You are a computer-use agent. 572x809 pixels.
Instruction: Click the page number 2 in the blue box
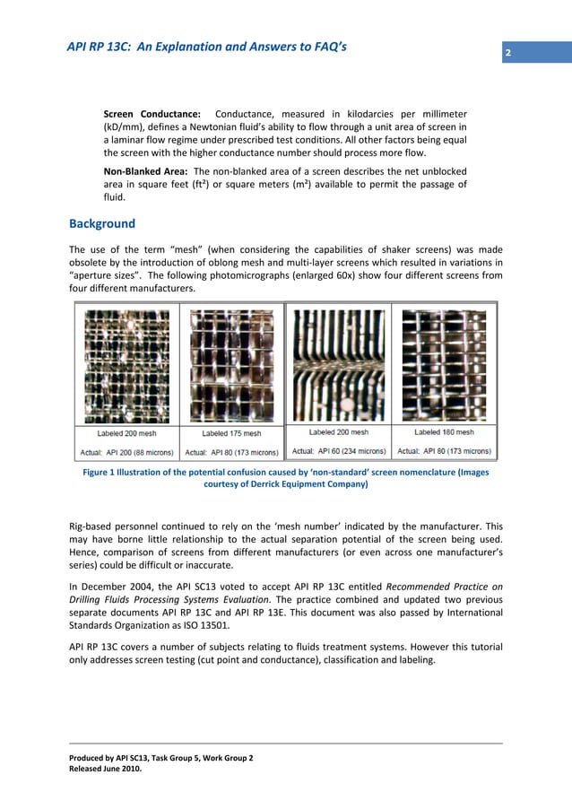[x=507, y=54]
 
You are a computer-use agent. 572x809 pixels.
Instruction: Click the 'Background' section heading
[x=102, y=223]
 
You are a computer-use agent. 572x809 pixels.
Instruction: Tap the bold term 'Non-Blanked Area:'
[x=146, y=171]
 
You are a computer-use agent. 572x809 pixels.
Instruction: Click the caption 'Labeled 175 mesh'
[x=231, y=434]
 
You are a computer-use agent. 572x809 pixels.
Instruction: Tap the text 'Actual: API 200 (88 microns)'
[x=127, y=451]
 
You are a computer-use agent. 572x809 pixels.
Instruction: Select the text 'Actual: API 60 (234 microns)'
[x=340, y=450]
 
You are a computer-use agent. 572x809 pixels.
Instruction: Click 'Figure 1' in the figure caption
[x=104, y=473]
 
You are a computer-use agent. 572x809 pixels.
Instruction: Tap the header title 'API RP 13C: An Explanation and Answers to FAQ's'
[x=206, y=48]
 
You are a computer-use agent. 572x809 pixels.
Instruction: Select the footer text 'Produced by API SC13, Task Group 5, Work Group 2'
[x=161, y=758]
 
